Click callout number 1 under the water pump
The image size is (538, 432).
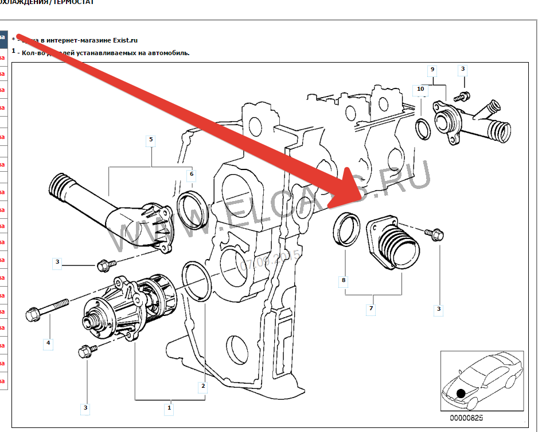(169, 408)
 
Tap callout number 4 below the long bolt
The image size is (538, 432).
(48, 344)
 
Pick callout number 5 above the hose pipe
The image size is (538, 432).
(151, 140)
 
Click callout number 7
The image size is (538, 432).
(371, 309)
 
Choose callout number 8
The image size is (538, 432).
(344, 281)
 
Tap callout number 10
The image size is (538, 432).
(420, 89)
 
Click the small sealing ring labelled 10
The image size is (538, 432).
(423, 129)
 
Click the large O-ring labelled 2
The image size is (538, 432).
(197, 281)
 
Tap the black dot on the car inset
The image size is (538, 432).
(460, 394)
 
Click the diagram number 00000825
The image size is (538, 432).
(467, 418)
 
